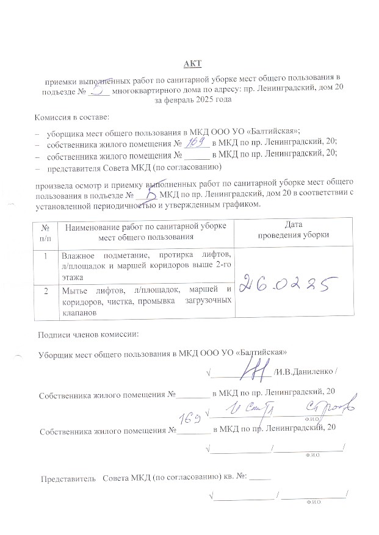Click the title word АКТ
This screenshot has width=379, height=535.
point(193,63)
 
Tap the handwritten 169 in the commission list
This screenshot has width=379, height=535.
point(196,143)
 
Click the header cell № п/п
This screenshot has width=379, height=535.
point(45,230)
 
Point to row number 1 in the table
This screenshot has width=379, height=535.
point(45,256)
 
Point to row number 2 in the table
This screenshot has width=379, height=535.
point(45,290)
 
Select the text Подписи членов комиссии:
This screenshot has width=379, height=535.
point(88,334)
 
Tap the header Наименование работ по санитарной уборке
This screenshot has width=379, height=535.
point(145,226)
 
